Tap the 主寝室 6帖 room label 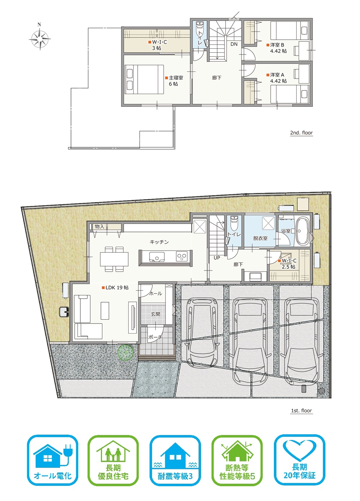pos(174,81)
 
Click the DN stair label pos(234,44)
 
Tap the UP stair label pos(217,258)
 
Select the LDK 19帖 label pos(115,287)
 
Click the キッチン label pos(159,242)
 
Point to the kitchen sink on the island pos(157,257)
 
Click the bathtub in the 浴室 pos(303,231)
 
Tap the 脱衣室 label pos(260,238)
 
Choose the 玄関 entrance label pos(156,314)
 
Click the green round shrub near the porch pos(125,352)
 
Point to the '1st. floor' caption pos(302,410)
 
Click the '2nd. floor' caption pos(302,133)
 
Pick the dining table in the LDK pos(114,259)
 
